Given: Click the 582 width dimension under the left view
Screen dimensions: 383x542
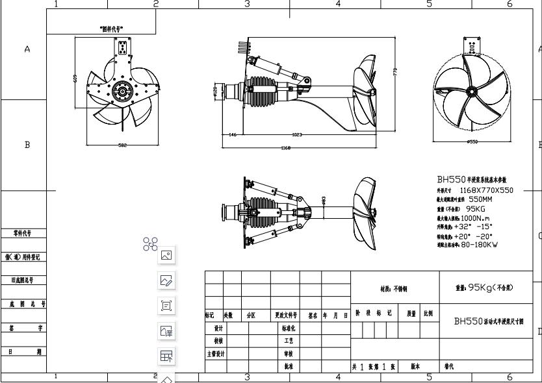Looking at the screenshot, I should click(122, 145).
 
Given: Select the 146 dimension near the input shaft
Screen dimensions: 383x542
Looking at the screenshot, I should click(232, 135).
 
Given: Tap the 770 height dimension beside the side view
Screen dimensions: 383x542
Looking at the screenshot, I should click(395, 73).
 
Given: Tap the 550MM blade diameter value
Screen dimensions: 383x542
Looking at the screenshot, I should click(478, 200).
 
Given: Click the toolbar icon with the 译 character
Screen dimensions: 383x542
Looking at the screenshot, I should click(166, 331).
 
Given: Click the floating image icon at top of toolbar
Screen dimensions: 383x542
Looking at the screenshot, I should click(166, 256).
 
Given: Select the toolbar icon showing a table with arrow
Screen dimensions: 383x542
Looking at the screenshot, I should click(166, 356).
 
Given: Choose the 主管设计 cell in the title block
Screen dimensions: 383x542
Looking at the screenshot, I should click(216, 354).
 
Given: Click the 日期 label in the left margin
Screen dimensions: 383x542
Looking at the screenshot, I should click(23, 351).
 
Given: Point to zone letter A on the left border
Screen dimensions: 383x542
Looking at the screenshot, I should click(27, 51).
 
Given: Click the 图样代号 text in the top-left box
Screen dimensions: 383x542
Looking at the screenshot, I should click(112, 29).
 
